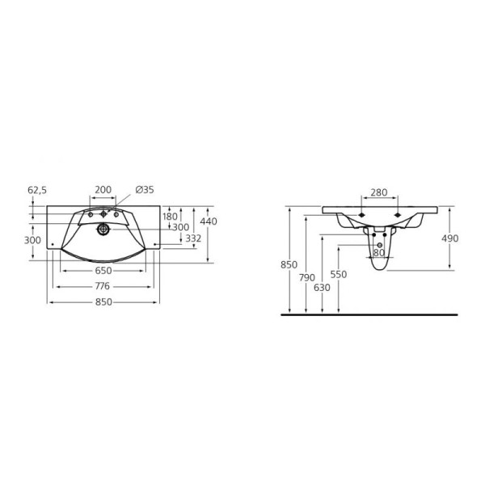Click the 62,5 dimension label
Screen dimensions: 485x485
coord(38,190)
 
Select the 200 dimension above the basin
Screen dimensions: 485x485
coord(103,190)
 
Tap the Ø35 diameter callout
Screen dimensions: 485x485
coord(145,190)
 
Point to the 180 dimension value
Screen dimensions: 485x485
coord(170,217)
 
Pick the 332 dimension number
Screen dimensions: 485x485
coord(194,238)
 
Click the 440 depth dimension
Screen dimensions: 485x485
coord(209,221)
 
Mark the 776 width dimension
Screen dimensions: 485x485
coord(103,286)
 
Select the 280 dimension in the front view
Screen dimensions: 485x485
coord(379,193)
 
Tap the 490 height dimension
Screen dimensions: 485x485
coord(449,238)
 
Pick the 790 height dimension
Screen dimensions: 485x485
coord(307,278)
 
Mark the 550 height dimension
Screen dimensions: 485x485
coord(339,275)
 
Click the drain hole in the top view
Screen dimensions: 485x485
coord(103,230)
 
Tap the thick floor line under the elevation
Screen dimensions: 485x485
coord(368,313)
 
